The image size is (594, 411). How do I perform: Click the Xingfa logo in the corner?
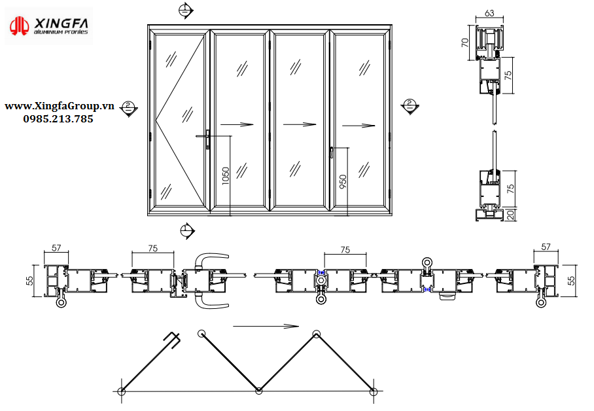coord(49,26)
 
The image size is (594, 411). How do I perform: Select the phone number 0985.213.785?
coord(58,119)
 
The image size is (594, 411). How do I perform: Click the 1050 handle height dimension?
coord(226,175)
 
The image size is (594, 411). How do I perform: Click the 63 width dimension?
coord(490,13)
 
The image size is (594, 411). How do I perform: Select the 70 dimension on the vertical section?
coord(465,43)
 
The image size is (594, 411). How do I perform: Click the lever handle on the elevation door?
coord(207,139)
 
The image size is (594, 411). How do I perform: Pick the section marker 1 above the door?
coord(186,10)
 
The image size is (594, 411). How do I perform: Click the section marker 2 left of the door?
coord(130,108)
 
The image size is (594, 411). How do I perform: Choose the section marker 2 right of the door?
coord(410,105)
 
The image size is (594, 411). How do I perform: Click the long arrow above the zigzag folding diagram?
coord(266,326)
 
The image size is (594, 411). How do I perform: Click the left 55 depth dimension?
coord(29,280)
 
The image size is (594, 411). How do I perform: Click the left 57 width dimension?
coord(56,248)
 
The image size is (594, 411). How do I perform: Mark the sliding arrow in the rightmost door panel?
coord(359,126)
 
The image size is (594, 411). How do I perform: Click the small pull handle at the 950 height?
coord(332,152)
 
